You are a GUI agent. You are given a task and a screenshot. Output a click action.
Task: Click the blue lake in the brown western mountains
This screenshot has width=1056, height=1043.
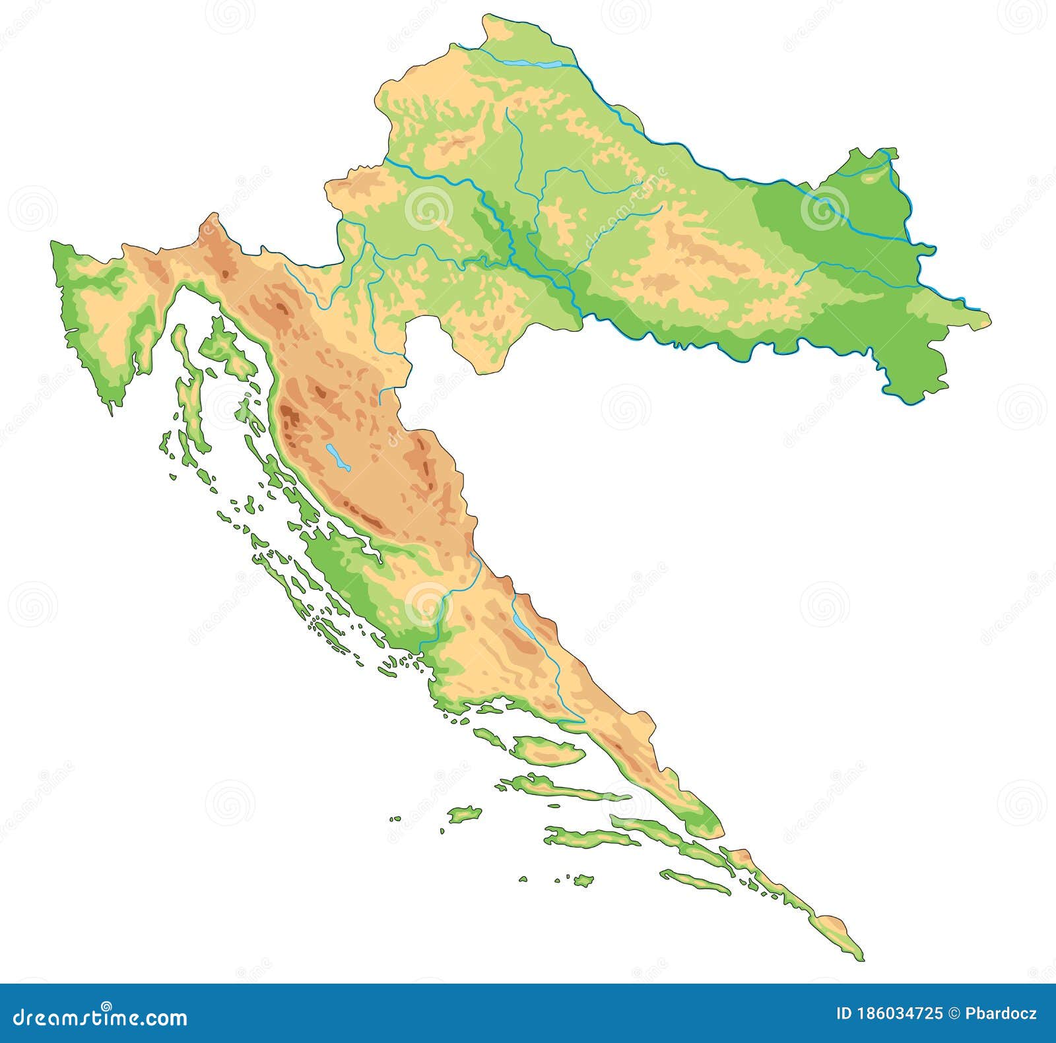pyautogui.click(x=336, y=457)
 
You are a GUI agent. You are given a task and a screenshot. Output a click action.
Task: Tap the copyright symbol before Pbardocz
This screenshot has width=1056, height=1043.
pyautogui.click(x=955, y=1014)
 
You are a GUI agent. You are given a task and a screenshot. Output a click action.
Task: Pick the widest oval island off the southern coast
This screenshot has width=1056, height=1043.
pyautogui.click(x=547, y=750)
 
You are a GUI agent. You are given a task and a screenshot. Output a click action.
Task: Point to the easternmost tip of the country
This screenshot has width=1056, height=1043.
pyautogui.click(x=989, y=320)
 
